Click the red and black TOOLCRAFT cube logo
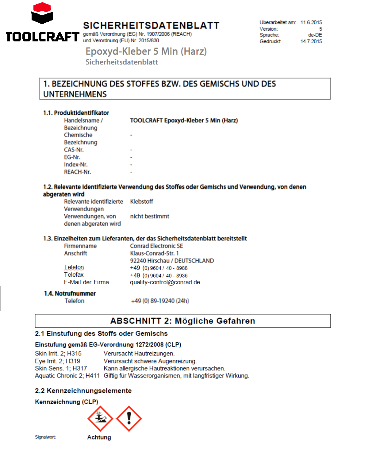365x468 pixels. pyautogui.click(x=42, y=13)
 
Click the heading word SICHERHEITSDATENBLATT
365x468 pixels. pyautogui.click(x=151, y=25)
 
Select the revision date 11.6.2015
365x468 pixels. pyautogui.click(x=311, y=22)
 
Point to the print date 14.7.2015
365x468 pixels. pyautogui.click(x=311, y=41)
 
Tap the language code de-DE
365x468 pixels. pyautogui.click(x=315, y=35)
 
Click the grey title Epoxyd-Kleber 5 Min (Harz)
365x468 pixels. pyautogui.click(x=146, y=51)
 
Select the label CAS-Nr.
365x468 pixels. pyautogui.click(x=74, y=150)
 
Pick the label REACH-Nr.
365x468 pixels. pyautogui.click(x=77, y=172)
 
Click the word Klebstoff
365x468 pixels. pyautogui.click(x=141, y=201)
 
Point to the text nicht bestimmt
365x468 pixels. pyautogui.click(x=149, y=216)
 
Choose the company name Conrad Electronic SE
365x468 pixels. pyautogui.click(x=156, y=246)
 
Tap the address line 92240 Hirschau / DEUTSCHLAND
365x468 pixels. pyautogui.click(x=172, y=261)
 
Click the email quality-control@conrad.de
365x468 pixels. pyautogui.click(x=165, y=282)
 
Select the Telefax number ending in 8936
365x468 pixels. pyautogui.click(x=159, y=275)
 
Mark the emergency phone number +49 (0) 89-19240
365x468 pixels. pyautogui.click(x=160, y=301)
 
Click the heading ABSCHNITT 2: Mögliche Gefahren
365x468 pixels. pyautogui.click(x=182, y=321)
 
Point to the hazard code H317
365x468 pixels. pyautogui.click(x=80, y=368)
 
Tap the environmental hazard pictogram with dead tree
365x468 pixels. pyautogui.click(x=100, y=419)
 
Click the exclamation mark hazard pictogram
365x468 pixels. pyautogui.click(x=129, y=419)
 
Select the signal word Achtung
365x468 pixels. pyautogui.click(x=99, y=437)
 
